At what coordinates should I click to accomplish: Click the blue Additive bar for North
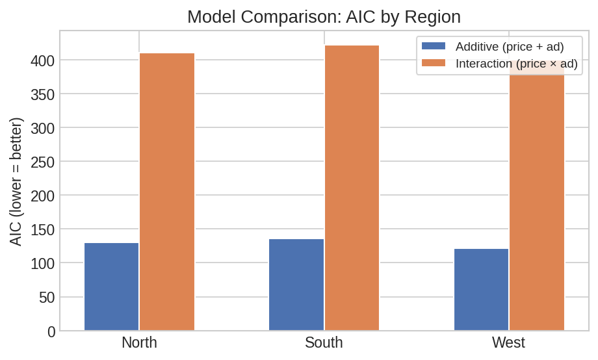click(111, 287)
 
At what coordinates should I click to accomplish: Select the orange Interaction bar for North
click(167, 192)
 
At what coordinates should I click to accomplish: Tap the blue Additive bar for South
click(296, 285)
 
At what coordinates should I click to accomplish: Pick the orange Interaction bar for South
click(352, 188)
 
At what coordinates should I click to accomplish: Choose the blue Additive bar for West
click(481, 289)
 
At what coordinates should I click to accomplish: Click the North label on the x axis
click(139, 342)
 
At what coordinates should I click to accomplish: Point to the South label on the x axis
click(324, 342)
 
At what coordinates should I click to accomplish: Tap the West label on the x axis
click(508, 342)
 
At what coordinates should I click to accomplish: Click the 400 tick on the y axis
click(42, 60)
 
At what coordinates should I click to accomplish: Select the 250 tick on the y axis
click(42, 162)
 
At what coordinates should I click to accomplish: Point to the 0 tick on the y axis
click(51, 331)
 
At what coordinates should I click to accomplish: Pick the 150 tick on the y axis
click(42, 229)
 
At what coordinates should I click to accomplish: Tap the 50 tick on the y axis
click(46, 298)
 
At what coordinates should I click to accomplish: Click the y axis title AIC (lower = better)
click(16, 181)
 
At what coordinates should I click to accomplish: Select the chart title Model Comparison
click(324, 16)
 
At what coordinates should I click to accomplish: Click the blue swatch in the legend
click(434, 46)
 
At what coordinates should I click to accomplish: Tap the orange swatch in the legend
click(434, 63)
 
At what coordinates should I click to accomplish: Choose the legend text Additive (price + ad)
click(510, 46)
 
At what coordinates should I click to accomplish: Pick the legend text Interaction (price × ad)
click(516, 63)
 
